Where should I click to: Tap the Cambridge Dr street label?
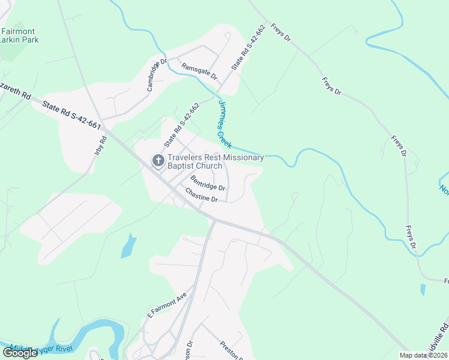point(156,75)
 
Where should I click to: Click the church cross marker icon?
point(158,161)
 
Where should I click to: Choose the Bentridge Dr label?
point(208,182)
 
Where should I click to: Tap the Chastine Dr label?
point(200,195)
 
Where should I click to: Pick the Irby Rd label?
point(101,146)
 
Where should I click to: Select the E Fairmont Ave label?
point(167,306)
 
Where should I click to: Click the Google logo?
point(20,353)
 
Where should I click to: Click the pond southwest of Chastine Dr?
point(128,245)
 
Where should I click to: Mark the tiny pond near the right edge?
point(424,290)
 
